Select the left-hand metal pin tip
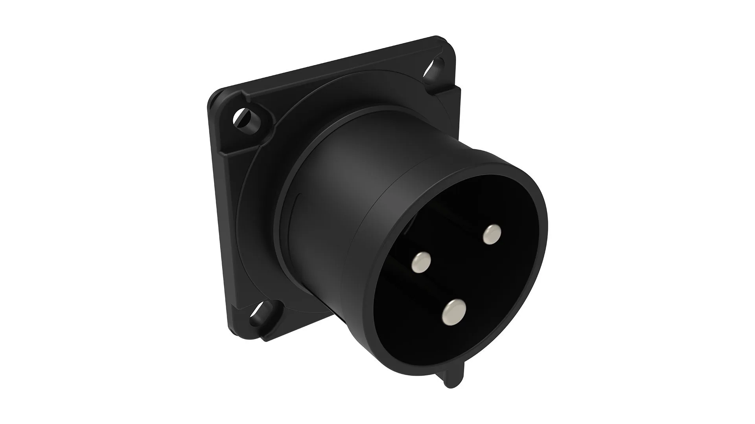point(421,262)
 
